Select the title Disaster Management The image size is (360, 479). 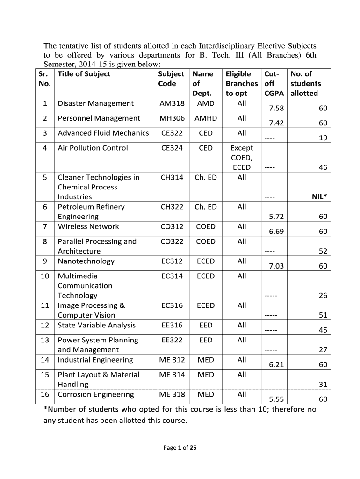click(95, 103)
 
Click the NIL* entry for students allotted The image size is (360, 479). click(319, 197)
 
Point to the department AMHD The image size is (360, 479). click(206, 118)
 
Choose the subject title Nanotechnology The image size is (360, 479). click(86, 261)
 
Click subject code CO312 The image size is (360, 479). click(172, 226)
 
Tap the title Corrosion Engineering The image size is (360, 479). click(95, 394)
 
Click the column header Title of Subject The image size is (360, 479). click(84, 74)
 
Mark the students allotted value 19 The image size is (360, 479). click(323, 138)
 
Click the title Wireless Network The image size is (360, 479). click(88, 226)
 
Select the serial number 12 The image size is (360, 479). click(45, 325)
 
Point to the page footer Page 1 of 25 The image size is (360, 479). click(180, 448)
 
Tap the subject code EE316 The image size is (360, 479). click(172, 325)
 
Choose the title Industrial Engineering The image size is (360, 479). click(95, 360)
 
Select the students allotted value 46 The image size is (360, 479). click(323, 167)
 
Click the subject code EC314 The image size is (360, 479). click(172, 276)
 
